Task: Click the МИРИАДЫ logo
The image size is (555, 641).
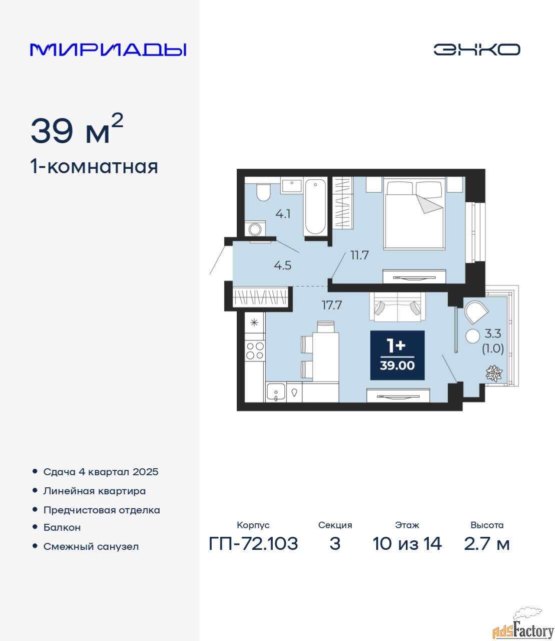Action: [x=108, y=50]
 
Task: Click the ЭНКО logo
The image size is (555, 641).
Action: [x=476, y=50]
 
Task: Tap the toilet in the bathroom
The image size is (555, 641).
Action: [x=263, y=192]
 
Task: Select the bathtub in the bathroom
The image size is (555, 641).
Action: [x=315, y=206]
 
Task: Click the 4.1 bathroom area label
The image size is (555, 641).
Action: [x=283, y=214]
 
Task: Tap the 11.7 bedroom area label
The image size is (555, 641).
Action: [x=359, y=255]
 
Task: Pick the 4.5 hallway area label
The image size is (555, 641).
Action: [x=283, y=265]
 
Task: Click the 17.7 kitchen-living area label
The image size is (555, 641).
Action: [x=332, y=305]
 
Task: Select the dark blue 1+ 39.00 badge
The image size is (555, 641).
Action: [x=397, y=355]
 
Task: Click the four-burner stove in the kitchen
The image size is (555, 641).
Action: [x=255, y=351]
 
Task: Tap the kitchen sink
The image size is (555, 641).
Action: [x=275, y=392]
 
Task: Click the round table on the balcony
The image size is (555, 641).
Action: [x=473, y=336]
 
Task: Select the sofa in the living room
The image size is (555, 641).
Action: [x=397, y=307]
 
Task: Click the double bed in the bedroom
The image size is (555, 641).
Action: [x=414, y=213]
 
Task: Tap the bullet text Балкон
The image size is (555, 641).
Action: [x=62, y=527]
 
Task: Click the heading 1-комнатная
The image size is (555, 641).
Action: [x=94, y=167]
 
